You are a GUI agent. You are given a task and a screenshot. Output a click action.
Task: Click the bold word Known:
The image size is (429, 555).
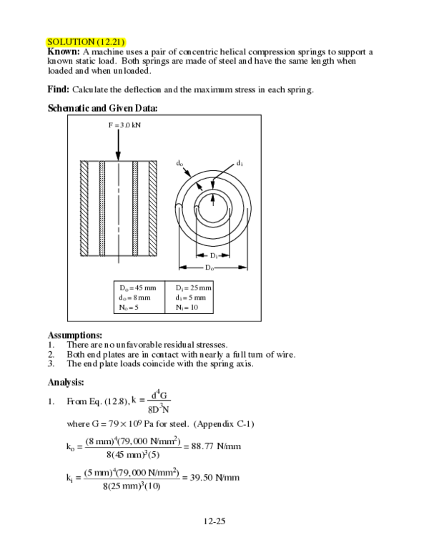click(64, 52)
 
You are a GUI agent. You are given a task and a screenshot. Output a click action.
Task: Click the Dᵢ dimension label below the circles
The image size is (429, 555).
click(214, 255)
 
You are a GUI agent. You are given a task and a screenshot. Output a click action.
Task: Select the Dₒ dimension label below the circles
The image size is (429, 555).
click(209, 267)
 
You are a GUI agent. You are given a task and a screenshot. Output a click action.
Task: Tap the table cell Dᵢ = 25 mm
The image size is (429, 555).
click(191, 288)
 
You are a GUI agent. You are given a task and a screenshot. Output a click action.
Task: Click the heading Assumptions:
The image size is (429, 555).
click(74, 335)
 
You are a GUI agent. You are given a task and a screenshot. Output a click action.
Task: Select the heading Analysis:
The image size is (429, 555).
click(66, 381)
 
